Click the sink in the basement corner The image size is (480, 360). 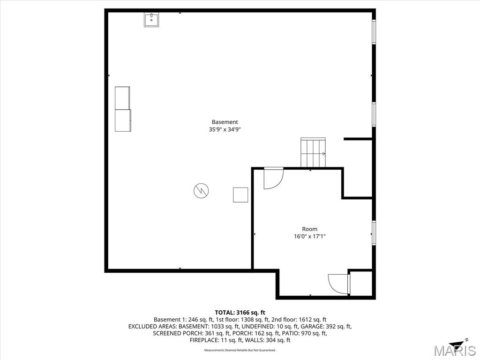click(151, 20)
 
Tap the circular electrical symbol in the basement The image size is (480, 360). click(201, 191)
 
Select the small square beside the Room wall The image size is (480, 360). click(240, 195)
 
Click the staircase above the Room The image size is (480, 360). click(313, 152)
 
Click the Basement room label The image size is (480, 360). click(225, 122)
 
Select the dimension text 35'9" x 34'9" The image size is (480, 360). click(225, 129)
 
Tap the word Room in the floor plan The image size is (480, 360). click(309, 229)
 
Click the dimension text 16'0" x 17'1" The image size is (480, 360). click(309, 236)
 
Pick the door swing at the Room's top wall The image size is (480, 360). click(274, 178)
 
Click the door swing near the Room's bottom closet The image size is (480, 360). click(338, 284)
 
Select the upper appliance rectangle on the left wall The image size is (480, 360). click(122, 98)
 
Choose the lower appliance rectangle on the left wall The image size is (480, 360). click(123, 120)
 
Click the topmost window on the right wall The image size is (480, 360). click(374, 31)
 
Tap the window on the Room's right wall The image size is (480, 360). click(374, 232)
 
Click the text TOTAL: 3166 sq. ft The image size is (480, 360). click(240, 313)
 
